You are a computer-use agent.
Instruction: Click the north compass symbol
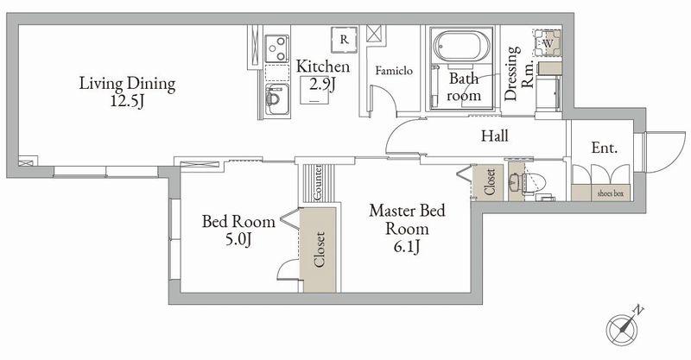click(622, 328)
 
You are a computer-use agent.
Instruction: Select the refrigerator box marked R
click(344, 40)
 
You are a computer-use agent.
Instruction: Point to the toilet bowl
click(534, 181)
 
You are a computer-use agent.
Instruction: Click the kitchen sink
click(276, 99)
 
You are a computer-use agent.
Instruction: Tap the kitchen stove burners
click(276, 48)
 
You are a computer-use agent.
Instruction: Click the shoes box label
click(611, 193)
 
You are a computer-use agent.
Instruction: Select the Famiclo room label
click(394, 71)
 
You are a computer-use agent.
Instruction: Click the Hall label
click(494, 136)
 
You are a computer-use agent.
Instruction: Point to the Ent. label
click(604, 148)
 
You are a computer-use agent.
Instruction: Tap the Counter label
click(318, 183)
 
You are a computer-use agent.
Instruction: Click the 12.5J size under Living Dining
click(127, 101)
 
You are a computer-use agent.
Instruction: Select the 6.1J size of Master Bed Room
click(406, 247)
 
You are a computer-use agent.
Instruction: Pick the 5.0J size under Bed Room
click(238, 240)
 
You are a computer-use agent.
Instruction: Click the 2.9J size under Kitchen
click(322, 83)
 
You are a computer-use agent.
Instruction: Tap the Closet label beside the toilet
click(490, 182)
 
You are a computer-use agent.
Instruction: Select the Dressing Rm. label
click(519, 73)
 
